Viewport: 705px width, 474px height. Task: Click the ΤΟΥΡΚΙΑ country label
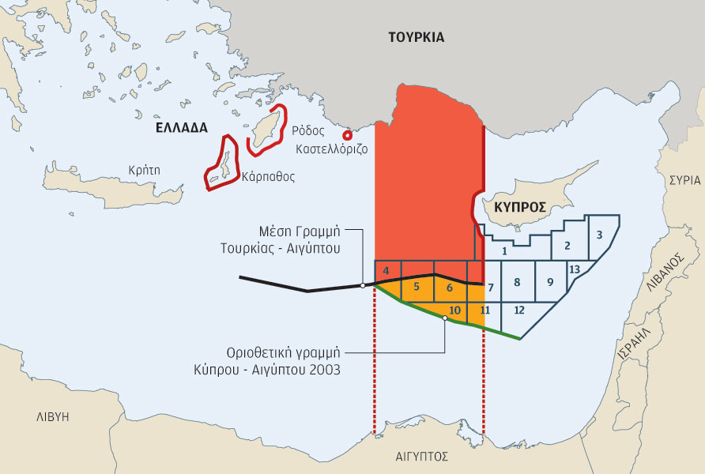pyautogui.click(x=416, y=37)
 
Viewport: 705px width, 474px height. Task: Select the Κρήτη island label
pyautogui.click(x=145, y=169)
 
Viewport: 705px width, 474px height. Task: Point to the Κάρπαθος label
pyautogui.click(x=270, y=177)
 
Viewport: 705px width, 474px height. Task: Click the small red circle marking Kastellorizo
pyautogui.click(x=347, y=135)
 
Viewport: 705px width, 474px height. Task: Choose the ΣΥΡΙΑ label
pyautogui.click(x=684, y=180)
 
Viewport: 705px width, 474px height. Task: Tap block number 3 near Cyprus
pyautogui.click(x=600, y=235)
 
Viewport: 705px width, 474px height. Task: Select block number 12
pyautogui.click(x=518, y=310)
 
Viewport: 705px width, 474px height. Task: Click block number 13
pyautogui.click(x=575, y=270)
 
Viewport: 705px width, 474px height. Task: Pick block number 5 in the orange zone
pyautogui.click(x=417, y=286)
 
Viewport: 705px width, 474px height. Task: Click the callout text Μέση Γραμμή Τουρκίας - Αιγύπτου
pyautogui.click(x=300, y=240)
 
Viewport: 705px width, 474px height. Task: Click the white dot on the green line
pyautogui.click(x=445, y=318)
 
